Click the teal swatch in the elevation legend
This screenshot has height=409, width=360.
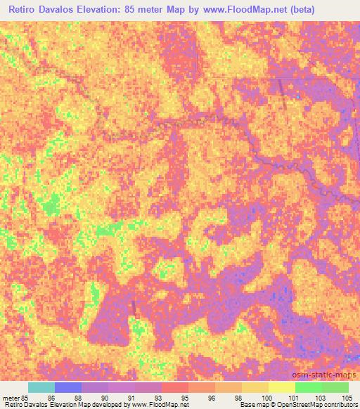coord(41,387)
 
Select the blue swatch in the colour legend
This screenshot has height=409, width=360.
coord(68,387)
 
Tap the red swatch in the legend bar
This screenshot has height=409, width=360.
coord(175,387)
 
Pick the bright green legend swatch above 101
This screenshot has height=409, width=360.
coord(309,387)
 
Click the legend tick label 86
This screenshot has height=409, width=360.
coord(51,398)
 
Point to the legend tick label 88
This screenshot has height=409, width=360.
coord(78,398)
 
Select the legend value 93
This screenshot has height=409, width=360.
coord(158,398)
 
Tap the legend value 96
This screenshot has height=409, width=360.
coord(212,398)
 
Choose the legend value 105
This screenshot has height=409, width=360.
coord(346,398)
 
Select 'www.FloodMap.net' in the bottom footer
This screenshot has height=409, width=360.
coord(154,405)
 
